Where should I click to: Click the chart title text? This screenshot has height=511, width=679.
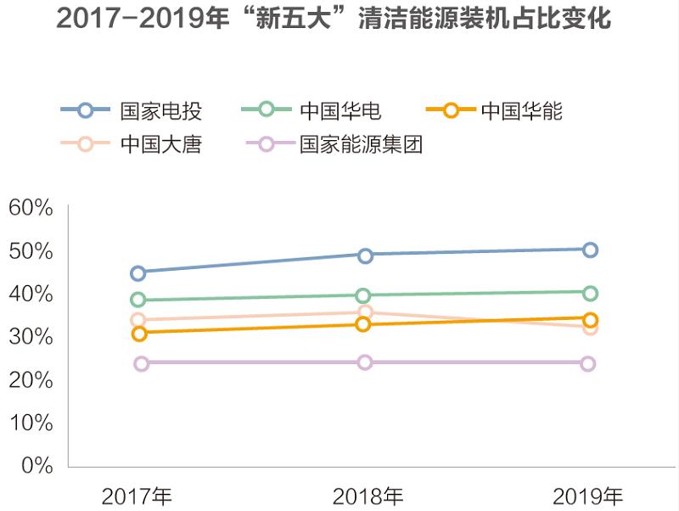(x=334, y=19)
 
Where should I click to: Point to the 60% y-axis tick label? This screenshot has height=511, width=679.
(x=31, y=207)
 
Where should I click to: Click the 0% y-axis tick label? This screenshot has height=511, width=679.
(x=36, y=465)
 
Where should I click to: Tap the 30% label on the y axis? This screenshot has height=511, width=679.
(x=31, y=336)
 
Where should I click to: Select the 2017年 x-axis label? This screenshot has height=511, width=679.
(x=137, y=496)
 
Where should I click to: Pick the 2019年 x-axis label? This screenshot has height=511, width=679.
(x=587, y=496)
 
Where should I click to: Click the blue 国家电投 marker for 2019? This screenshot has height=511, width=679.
(x=590, y=250)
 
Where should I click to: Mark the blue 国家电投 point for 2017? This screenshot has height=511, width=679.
(x=138, y=272)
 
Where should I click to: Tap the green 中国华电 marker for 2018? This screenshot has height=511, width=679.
(x=363, y=295)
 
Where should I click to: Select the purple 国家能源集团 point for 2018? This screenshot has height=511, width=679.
(x=364, y=362)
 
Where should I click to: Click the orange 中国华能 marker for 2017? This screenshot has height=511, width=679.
(x=139, y=334)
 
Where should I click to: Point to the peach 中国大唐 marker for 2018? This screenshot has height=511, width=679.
(x=365, y=312)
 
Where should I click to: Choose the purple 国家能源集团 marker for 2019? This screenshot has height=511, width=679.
(x=588, y=363)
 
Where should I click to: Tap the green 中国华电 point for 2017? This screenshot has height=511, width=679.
(x=138, y=300)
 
